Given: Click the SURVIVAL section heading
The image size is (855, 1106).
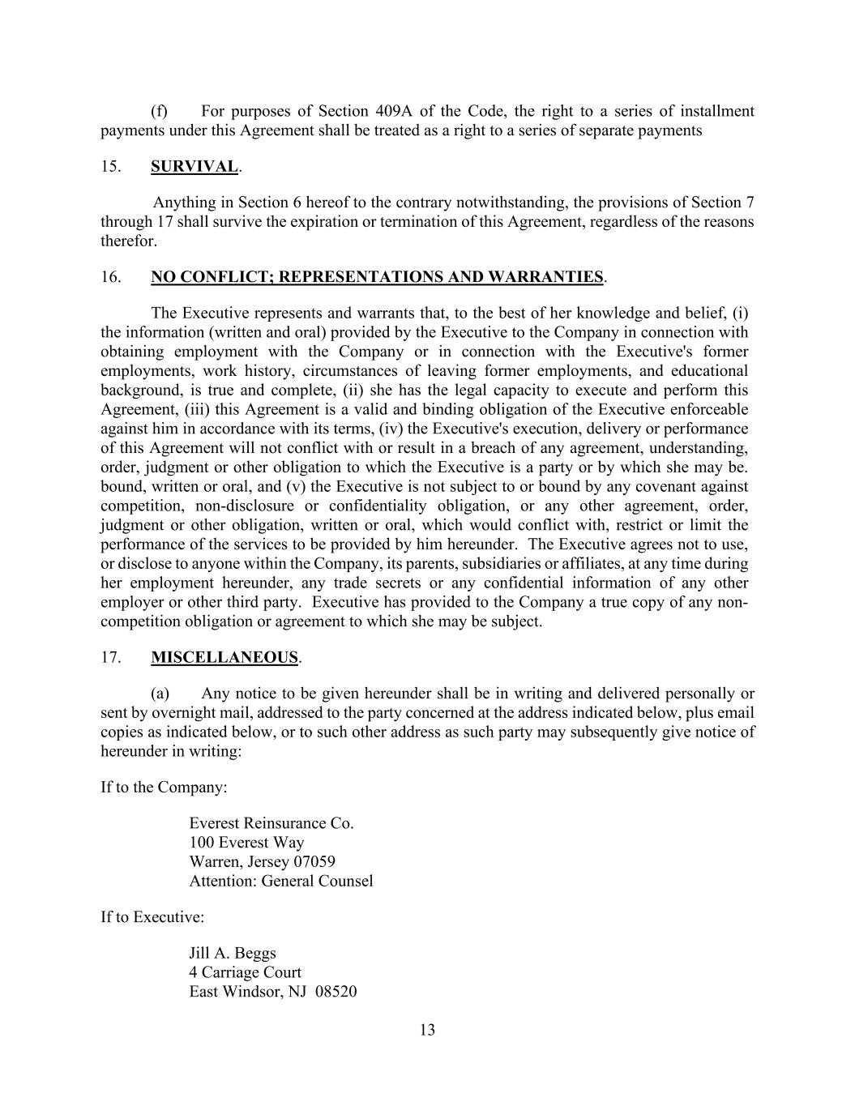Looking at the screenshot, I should click(x=195, y=167).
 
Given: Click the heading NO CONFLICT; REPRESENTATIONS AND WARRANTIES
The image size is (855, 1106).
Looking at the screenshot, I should click(x=377, y=277).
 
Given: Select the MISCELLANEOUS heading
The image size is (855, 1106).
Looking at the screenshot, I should click(x=224, y=658).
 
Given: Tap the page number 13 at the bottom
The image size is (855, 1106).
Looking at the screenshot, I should click(x=428, y=1031).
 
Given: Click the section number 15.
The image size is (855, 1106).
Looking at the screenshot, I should click(x=111, y=167).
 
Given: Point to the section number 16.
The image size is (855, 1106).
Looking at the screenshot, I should click(x=111, y=277).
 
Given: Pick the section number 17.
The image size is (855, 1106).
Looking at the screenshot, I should click(x=111, y=658).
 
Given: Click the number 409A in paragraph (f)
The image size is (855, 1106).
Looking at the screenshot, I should click(x=393, y=111).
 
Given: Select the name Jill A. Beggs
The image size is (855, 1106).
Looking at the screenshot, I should click(x=233, y=953).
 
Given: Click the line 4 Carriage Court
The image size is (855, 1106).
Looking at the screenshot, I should click(x=245, y=972).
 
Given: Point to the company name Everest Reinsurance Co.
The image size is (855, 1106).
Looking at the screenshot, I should click(x=271, y=823).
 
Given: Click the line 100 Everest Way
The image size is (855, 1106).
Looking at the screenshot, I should click(x=246, y=843).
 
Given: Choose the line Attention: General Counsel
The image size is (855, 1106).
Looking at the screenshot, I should click(x=281, y=882).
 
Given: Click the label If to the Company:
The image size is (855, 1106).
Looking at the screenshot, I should click(x=164, y=788).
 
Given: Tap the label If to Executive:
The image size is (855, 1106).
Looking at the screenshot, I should click(x=152, y=917).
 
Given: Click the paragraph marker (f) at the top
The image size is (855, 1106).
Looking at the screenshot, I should click(x=160, y=111).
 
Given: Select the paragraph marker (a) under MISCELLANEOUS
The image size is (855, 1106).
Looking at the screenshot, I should click(x=160, y=694).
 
